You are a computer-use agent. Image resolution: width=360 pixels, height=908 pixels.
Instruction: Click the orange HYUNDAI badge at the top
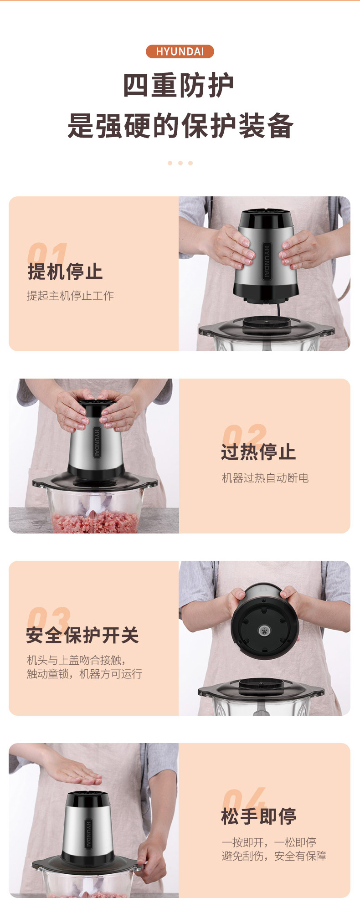point(180,51)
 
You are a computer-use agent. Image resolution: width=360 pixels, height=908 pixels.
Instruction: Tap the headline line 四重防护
point(179,85)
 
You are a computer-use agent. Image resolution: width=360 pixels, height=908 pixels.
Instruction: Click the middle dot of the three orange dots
point(180,163)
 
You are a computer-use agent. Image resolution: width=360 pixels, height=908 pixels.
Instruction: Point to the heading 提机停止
point(65,272)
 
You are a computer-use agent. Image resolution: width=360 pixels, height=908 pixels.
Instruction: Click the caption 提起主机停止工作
point(70,296)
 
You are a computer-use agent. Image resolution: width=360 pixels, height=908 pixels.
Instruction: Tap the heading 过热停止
point(258,452)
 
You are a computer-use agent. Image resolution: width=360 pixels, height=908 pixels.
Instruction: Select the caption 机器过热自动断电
point(265,477)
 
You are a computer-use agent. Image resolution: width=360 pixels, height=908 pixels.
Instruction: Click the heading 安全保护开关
point(82,635)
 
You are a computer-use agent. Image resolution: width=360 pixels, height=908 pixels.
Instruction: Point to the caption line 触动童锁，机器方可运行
point(84,674)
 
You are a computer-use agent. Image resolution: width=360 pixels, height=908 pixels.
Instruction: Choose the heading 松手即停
point(258,816)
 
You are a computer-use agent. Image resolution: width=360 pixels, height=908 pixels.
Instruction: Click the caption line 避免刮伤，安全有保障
point(274,856)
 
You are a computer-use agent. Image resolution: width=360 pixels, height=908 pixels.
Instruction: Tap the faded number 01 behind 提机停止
point(47,254)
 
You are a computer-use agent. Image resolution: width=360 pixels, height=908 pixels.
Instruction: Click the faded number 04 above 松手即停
point(244,799)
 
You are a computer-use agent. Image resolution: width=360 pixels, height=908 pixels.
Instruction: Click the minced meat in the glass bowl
point(95,522)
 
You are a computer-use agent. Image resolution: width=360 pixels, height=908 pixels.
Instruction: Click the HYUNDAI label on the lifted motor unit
point(267,261)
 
